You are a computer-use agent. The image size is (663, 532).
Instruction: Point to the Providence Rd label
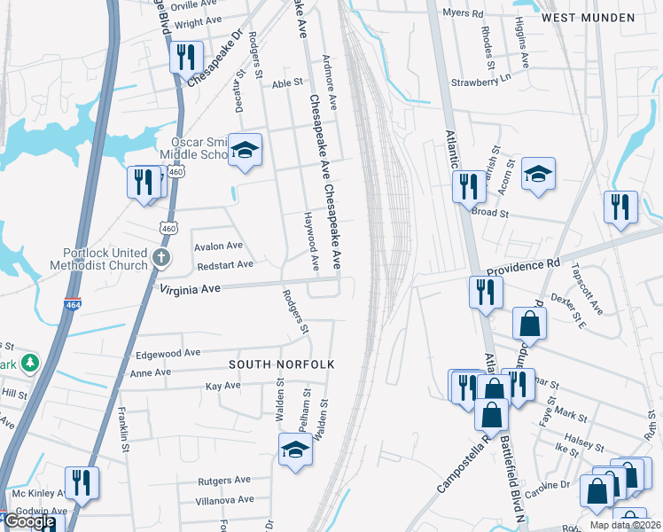[523, 265]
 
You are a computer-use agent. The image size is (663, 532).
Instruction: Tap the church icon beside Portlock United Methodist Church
[160, 258]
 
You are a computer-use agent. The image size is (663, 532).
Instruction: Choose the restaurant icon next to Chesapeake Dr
[186, 57]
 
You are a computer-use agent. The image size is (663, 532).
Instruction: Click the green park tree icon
[30, 363]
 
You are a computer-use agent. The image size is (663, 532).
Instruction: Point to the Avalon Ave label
[217, 246]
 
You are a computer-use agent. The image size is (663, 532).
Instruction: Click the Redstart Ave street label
[225, 264]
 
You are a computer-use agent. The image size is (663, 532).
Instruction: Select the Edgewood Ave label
[168, 354]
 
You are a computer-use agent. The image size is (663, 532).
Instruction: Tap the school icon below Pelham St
[295, 449]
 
